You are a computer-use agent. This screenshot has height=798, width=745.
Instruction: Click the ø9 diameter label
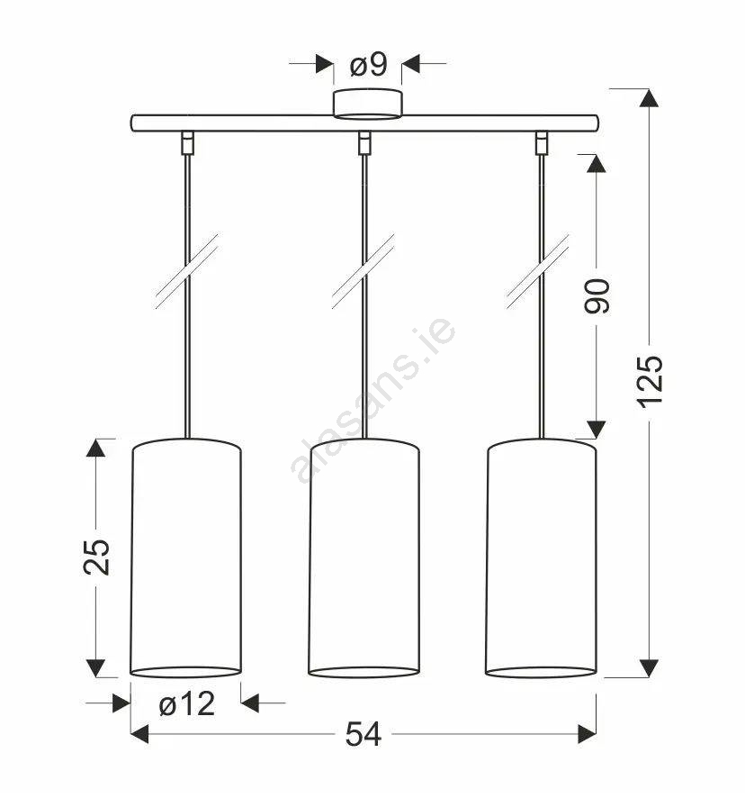tap(369, 65)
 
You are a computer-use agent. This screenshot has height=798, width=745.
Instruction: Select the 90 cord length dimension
tap(597, 296)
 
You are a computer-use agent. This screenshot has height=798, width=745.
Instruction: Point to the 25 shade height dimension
tap(96, 558)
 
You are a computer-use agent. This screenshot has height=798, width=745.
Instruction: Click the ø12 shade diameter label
tap(186, 705)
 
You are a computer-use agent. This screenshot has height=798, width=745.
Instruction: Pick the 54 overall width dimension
tap(364, 734)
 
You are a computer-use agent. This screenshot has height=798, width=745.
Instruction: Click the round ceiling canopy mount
tap(368, 104)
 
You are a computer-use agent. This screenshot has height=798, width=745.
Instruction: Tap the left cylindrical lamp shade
tap(186, 558)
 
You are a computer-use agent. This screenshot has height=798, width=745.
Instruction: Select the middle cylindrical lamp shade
tap(364, 558)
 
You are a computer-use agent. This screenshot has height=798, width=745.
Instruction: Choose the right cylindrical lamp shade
tap(541, 558)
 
